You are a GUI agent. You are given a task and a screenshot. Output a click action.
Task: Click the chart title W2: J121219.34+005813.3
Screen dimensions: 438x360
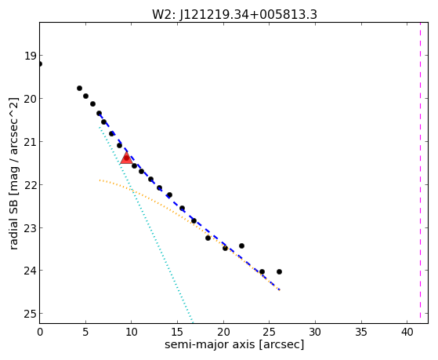click(x=234, y=14)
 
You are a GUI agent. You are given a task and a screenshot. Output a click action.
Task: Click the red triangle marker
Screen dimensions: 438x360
click(x=126, y=158)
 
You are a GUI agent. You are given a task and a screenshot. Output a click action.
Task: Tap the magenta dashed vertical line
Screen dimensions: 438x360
click(x=420, y=173)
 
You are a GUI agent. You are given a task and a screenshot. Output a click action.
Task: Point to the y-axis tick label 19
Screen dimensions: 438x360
click(x=31, y=56)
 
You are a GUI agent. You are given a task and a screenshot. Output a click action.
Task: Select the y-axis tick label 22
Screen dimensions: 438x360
click(x=30, y=185)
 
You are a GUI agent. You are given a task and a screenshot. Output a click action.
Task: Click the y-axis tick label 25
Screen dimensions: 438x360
click(x=30, y=315)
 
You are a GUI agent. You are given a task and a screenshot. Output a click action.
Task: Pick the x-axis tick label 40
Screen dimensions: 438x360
click(x=407, y=333)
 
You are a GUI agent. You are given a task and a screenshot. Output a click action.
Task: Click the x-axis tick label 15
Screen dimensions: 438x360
click(x=178, y=333)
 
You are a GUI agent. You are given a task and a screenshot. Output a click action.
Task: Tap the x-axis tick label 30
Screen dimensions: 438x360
click(x=315, y=333)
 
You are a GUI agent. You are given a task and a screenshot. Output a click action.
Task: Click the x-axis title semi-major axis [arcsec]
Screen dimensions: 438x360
click(x=234, y=344)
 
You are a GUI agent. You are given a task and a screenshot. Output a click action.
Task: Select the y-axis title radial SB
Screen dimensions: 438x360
click(x=13, y=220)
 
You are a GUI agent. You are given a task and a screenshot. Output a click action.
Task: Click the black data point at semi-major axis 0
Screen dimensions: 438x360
click(x=40, y=64)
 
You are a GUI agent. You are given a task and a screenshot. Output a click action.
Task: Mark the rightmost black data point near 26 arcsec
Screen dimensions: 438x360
click(x=279, y=271)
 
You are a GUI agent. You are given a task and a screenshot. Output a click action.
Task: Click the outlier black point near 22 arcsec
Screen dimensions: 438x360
click(x=241, y=245)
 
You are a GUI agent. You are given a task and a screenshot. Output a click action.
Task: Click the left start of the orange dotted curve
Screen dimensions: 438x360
click(x=100, y=180)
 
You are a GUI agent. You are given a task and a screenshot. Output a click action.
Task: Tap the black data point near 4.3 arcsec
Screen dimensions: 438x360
click(x=79, y=88)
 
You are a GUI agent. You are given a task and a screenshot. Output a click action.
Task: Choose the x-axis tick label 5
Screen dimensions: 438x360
click(x=85, y=333)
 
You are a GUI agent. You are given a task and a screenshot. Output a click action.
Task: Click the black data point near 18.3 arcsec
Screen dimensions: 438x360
click(x=208, y=238)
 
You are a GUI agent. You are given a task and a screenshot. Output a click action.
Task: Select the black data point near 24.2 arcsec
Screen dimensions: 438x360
click(x=262, y=271)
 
